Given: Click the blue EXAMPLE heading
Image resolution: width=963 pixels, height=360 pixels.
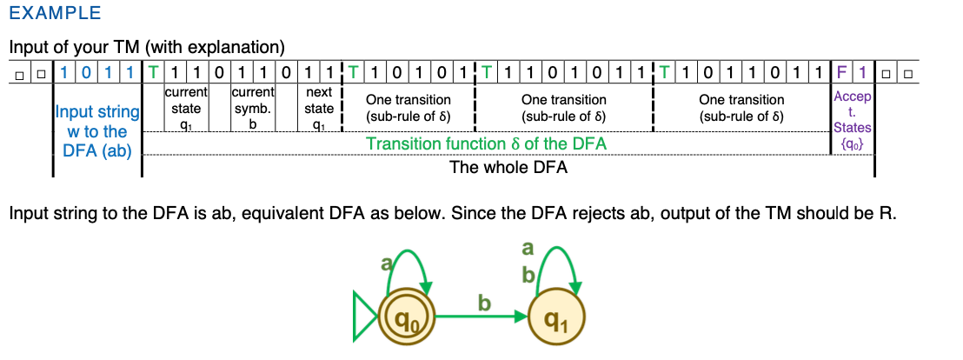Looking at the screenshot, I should pos(55,14).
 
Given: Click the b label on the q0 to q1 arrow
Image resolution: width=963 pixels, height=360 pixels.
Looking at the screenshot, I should pos(484,303).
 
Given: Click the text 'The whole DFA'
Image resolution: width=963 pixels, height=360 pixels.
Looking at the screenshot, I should pos(508,167).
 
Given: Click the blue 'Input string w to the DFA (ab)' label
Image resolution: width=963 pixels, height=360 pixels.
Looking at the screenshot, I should pos(96,131).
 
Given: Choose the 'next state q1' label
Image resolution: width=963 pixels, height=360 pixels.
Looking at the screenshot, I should pos(319,108).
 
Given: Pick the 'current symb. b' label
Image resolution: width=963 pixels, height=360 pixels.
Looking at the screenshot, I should pos(253,108).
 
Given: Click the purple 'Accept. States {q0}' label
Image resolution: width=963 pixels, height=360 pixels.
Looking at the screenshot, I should pos(852,119).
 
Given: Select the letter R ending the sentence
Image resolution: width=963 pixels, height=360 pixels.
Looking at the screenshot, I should pos(887,214).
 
